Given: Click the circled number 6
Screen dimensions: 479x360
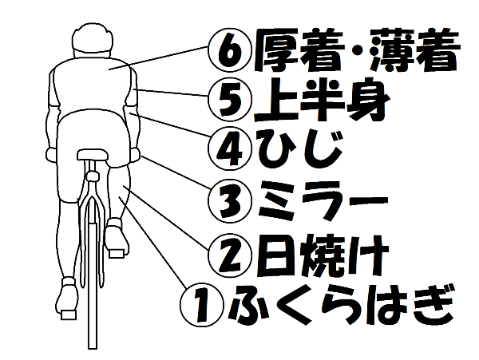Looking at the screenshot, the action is point(231,50).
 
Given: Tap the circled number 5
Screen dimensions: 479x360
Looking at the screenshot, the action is point(231,100).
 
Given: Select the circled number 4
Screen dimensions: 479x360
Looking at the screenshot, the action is point(231,149).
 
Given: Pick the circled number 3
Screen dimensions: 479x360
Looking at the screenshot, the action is point(231,200).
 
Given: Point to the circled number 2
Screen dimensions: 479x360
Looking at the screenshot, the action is point(231,255).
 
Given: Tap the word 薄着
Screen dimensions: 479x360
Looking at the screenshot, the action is point(414,50).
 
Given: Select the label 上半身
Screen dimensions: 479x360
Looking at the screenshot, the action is point(322,100).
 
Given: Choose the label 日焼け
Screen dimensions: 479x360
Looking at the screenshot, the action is point(322,255).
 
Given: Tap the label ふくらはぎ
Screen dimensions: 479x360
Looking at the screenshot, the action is point(340,304).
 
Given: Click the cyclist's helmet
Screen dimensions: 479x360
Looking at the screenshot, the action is point(93,39).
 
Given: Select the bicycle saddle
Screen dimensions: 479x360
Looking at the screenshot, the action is point(93,155).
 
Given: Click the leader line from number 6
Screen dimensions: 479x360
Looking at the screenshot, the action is point(158,58).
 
